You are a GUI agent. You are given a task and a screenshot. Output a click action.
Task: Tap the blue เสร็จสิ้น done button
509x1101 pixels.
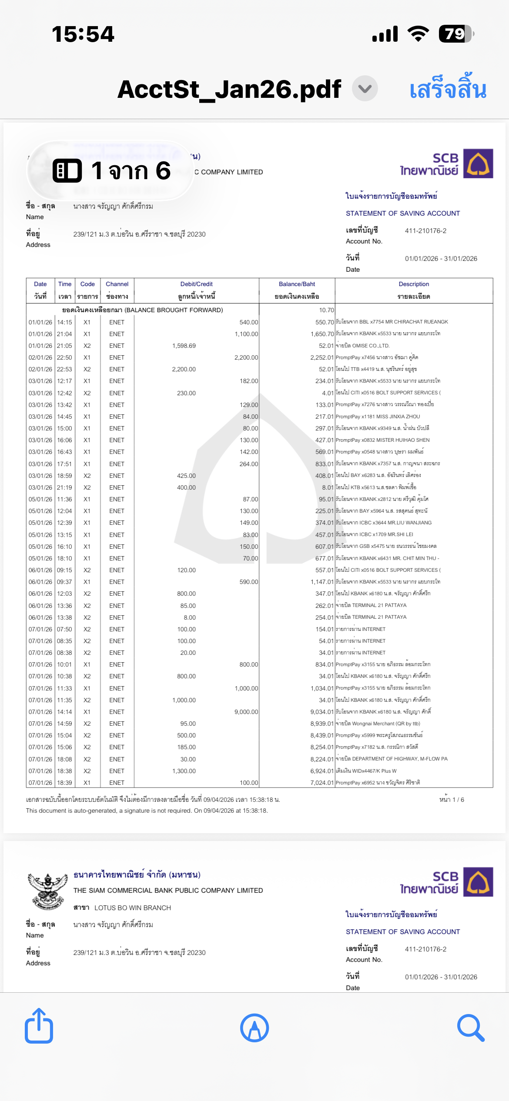pyautogui.click(x=448, y=89)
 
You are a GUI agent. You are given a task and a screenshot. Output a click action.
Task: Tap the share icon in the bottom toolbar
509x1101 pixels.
pyautogui.click(x=39, y=1027)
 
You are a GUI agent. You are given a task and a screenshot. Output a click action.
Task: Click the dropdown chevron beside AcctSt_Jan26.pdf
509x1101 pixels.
pyautogui.click(x=365, y=89)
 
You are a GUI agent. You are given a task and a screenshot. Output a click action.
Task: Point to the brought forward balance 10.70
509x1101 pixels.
pyautogui.click(x=326, y=310)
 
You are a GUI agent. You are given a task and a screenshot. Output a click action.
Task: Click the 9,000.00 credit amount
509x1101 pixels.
pyautogui.click(x=246, y=712)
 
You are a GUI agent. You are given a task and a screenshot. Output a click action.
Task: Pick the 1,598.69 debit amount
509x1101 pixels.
pyautogui.click(x=184, y=346)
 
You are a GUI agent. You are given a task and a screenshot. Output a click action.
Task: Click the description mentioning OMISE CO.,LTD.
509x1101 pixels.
pyautogui.click(x=363, y=346)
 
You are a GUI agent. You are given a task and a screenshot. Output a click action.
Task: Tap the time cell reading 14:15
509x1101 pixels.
pyautogui.click(x=64, y=322)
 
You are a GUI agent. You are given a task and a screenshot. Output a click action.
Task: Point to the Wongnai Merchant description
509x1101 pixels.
pyautogui.click(x=378, y=724)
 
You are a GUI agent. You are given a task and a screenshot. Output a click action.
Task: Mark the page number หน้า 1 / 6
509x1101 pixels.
pyautogui.click(x=452, y=800)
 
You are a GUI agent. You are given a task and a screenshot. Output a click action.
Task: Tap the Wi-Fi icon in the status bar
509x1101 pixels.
pyautogui.click(x=418, y=34)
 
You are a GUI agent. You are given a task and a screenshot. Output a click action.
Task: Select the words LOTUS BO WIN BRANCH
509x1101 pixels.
pyautogui.click(x=133, y=908)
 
